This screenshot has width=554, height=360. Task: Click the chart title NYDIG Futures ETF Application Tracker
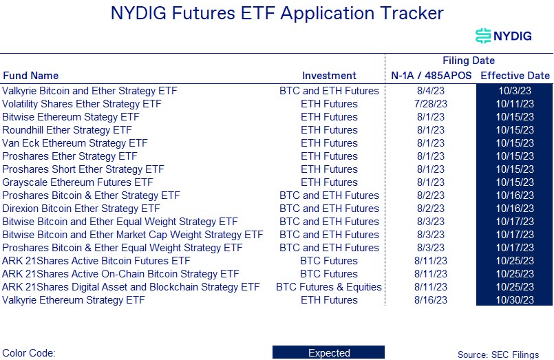click(x=277, y=13)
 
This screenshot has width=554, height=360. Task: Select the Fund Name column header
click(x=31, y=76)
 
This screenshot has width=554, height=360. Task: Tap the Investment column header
click(x=329, y=76)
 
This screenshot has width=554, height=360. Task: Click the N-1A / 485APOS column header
click(x=431, y=76)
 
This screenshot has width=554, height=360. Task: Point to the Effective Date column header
click(x=515, y=76)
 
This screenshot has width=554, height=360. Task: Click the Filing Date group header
click(x=468, y=61)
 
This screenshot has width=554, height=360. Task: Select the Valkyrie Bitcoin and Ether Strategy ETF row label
click(x=89, y=91)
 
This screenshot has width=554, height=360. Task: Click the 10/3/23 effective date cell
click(x=514, y=91)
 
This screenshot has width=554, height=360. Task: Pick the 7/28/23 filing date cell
click(x=431, y=104)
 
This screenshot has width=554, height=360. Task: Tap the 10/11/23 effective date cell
click(x=514, y=104)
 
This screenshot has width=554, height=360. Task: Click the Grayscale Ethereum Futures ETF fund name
click(x=78, y=182)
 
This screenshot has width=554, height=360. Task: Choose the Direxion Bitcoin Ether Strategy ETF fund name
click(x=81, y=209)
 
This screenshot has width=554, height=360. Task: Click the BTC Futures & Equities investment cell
click(x=329, y=287)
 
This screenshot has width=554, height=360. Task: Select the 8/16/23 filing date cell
click(x=431, y=300)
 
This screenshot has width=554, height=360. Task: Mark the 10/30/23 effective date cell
click(x=514, y=300)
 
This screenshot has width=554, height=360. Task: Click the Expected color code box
click(x=328, y=353)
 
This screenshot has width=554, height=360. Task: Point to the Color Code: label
click(x=29, y=353)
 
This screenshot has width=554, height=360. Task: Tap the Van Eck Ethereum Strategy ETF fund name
click(x=75, y=143)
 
